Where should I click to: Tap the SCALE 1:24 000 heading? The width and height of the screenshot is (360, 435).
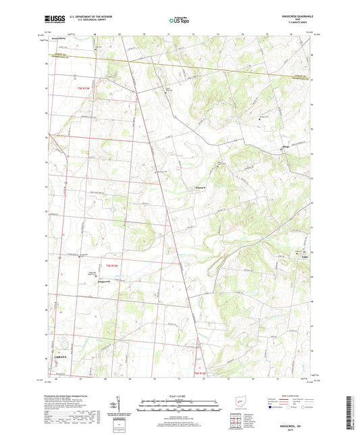(179, 395)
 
